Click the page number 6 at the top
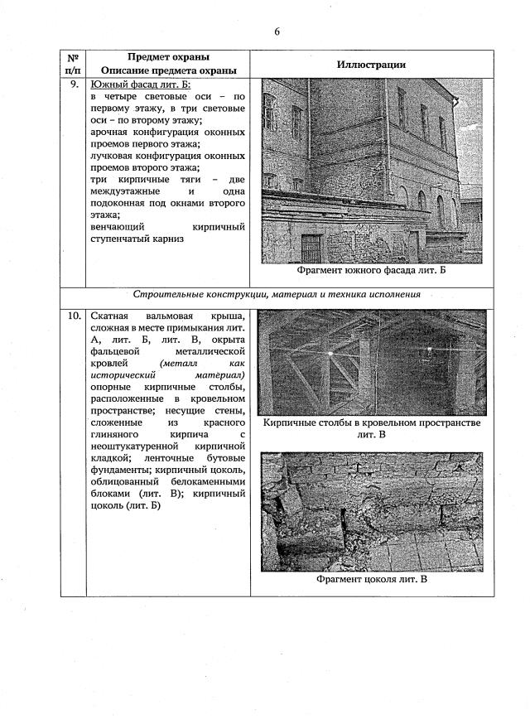[x=277, y=31]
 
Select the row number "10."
[x=74, y=316]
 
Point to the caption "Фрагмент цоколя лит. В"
[x=372, y=580]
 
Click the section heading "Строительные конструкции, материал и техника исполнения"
[x=277, y=295]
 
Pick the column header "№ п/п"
[x=73, y=65]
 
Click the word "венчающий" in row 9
[x=118, y=226]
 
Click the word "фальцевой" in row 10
[x=117, y=351]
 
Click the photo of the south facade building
[x=372, y=170]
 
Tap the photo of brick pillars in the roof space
[x=372, y=362]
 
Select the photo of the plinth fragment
[x=372, y=511]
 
